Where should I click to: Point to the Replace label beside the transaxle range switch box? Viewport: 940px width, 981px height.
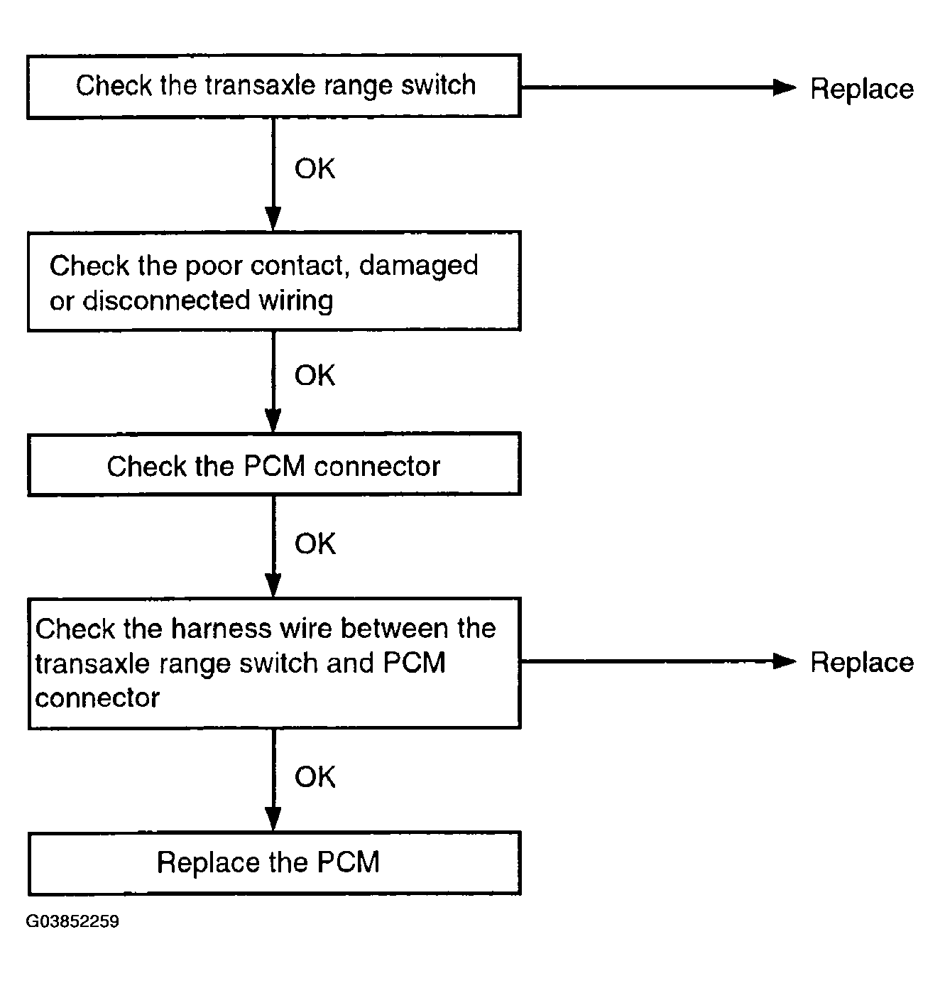pos(862,90)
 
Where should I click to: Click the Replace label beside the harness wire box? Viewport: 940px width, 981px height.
pos(862,662)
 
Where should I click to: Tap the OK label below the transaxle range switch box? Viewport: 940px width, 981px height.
pos(315,168)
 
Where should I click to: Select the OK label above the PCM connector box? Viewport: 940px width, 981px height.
pos(315,375)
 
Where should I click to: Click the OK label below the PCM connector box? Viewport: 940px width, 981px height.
pos(315,543)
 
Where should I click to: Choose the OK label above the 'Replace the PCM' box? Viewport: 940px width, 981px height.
pos(315,776)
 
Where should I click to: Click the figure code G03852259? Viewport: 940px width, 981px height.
pos(72,921)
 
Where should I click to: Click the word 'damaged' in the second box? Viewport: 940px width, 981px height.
pos(418,266)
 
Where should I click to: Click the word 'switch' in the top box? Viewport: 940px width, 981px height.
pos(438,85)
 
